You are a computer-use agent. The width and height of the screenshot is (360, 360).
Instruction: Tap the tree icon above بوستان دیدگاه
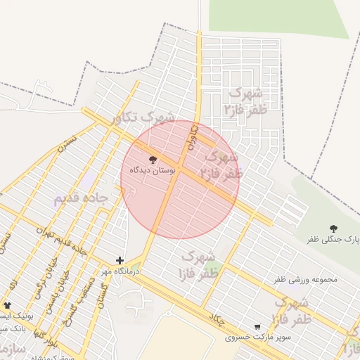pyautogui.click(x=154, y=160)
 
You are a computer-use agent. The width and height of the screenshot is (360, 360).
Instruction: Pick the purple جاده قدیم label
pyautogui.click(x=81, y=198)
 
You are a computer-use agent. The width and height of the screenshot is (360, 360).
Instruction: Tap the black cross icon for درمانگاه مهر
pyautogui.click(x=120, y=260)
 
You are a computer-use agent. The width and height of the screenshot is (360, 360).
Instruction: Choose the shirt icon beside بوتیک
pyautogui.click(x=8, y=305)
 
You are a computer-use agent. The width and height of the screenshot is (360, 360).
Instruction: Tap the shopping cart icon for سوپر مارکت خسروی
pyautogui.click(x=257, y=327)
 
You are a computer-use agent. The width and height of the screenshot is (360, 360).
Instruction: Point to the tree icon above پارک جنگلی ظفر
pyautogui.click(x=333, y=228)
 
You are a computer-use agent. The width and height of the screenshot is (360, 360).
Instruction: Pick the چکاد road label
pyautogui.click(x=217, y=321)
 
